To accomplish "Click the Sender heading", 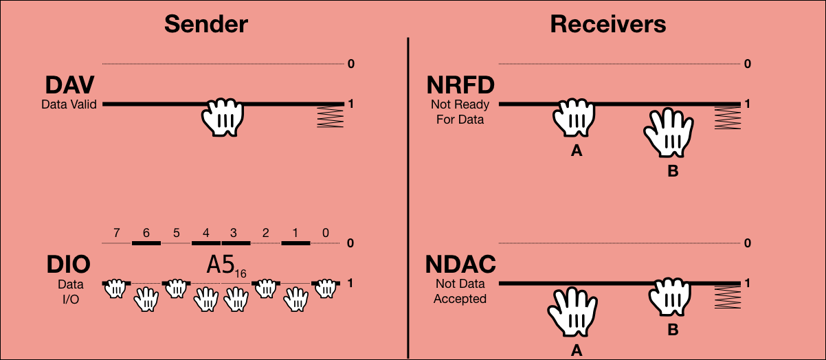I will coord(205,25).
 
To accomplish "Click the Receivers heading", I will coord(608,25).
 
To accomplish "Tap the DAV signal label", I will coord(69,86).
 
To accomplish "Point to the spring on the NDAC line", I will coord(726,296).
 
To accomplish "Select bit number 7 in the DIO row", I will coord(115,233).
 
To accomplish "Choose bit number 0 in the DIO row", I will coord(325,233).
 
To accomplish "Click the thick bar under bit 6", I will coord(146,243).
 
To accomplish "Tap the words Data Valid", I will coord(69,104).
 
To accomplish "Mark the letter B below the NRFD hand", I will coord(673,172).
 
